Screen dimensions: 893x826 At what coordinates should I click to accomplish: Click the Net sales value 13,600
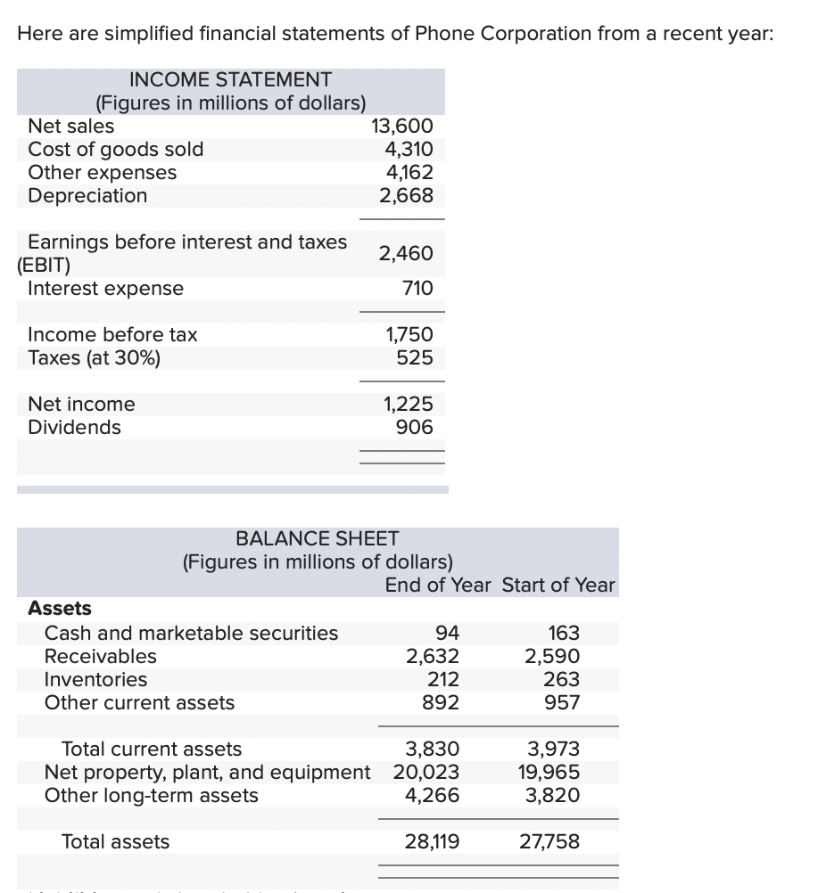point(401,127)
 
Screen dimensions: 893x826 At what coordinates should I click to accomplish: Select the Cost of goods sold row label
point(116,150)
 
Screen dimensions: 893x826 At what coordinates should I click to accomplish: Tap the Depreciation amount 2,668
point(406,196)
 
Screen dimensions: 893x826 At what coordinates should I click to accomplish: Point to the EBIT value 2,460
point(406,254)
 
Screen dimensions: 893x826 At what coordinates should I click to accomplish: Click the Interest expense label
point(105,289)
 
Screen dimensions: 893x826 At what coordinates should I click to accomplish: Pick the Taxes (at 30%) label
point(95,358)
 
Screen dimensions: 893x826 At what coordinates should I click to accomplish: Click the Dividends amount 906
point(414,428)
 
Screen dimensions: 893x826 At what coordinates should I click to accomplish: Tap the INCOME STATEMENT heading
point(230,80)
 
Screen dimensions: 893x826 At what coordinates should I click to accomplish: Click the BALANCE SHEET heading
point(317,539)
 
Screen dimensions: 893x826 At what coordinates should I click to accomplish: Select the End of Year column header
point(437,586)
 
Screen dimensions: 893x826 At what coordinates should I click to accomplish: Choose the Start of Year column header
point(558,586)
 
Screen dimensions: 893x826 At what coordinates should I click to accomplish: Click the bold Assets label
point(60,609)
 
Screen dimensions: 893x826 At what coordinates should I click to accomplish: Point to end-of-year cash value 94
point(447,634)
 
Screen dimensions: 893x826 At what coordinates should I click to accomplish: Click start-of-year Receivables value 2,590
point(551,657)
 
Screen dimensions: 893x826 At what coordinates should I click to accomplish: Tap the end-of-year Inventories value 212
point(442,680)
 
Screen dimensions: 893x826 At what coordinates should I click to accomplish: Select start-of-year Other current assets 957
point(562,703)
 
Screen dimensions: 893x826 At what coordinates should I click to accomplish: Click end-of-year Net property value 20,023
point(426,773)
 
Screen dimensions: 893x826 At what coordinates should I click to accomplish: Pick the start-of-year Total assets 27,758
point(549,842)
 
